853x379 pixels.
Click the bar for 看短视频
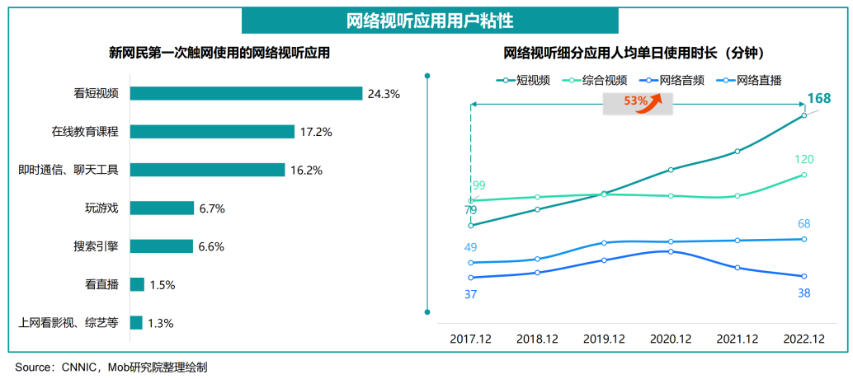[246, 93]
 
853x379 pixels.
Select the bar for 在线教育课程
[212, 132]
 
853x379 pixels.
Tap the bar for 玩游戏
[162, 208]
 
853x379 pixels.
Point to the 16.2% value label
[305, 171]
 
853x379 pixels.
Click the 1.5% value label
[162, 285]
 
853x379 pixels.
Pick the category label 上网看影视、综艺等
[68, 323]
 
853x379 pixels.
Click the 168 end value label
[818, 100]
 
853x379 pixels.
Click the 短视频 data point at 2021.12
[738, 152]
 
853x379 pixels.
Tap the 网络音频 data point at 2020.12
[671, 251]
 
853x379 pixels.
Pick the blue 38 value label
[804, 293]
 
